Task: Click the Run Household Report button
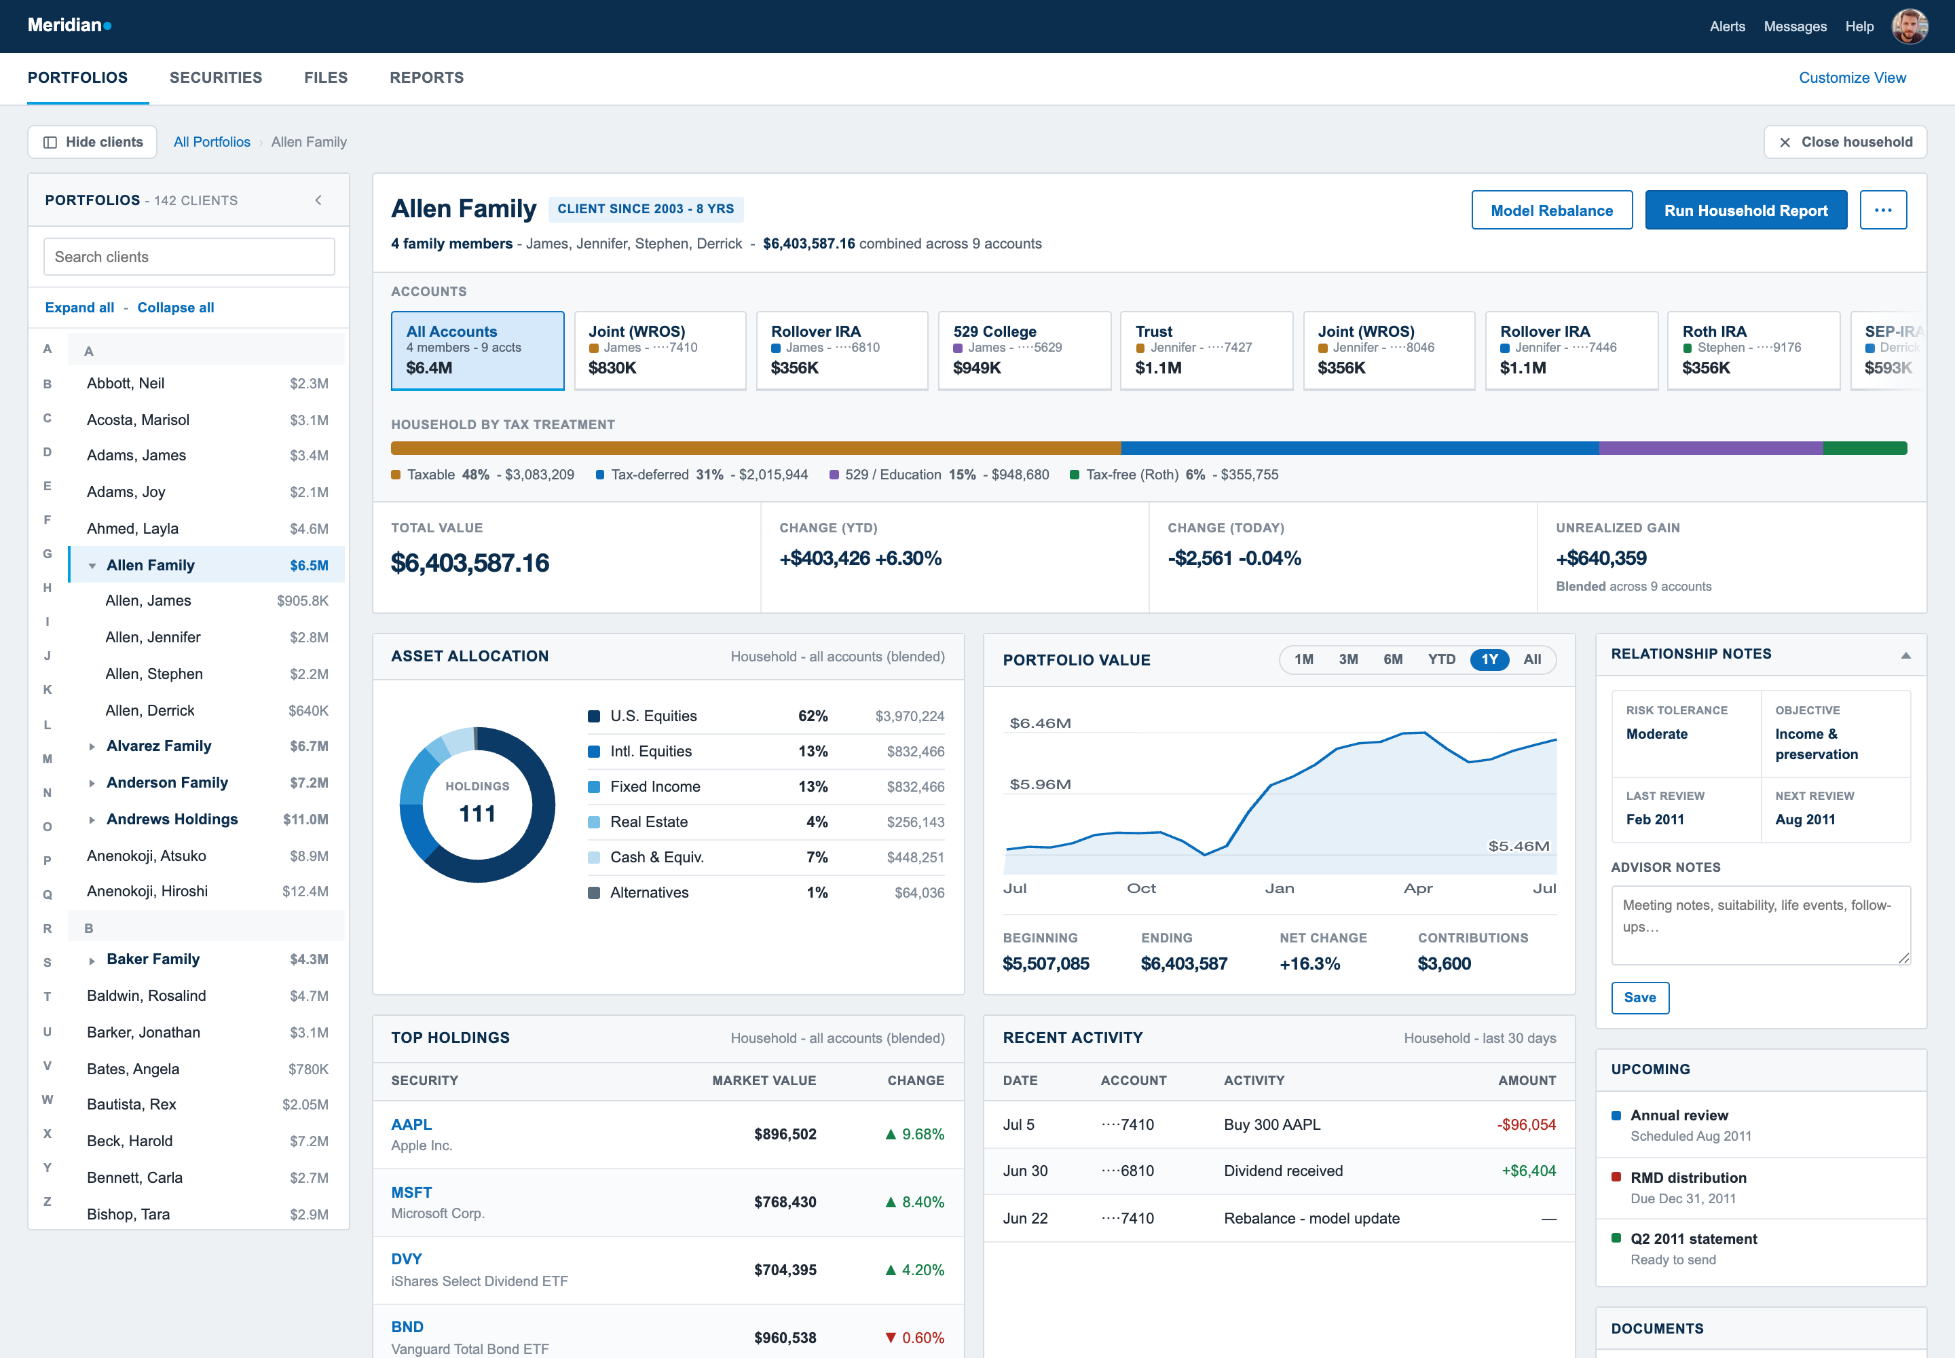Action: pyautogui.click(x=1746, y=210)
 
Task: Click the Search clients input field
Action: pyautogui.click(x=189, y=257)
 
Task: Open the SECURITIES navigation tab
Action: pyautogui.click(x=216, y=77)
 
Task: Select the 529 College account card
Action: pyautogui.click(x=1024, y=350)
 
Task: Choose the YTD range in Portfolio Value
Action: pyautogui.click(x=1441, y=659)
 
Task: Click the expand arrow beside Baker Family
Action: pyautogui.click(x=92, y=961)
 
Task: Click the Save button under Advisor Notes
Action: pyautogui.click(x=1639, y=997)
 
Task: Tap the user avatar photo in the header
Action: pyautogui.click(x=1909, y=26)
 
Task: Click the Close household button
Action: pyautogui.click(x=1844, y=142)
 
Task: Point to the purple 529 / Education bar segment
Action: pyautogui.click(x=1711, y=448)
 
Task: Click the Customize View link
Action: pyautogui.click(x=1852, y=77)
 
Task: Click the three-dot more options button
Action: pyautogui.click(x=1882, y=210)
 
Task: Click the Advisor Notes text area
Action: pyautogui.click(x=1760, y=925)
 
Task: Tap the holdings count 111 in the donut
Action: pyautogui.click(x=477, y=813)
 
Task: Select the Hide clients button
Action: pyautogui.click(x=93, y=142)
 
